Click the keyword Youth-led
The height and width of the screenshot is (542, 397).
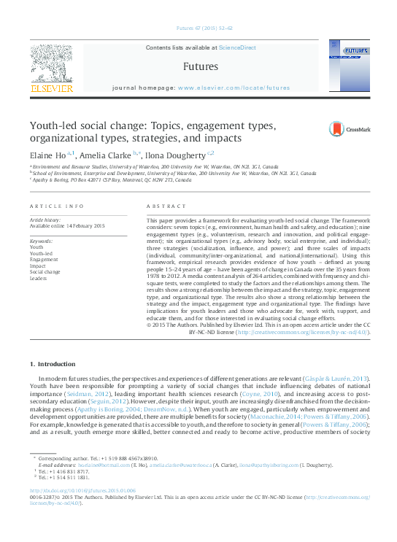pos(41,253)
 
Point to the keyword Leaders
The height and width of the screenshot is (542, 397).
pos(39,278)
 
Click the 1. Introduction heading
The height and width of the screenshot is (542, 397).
pos(52,363)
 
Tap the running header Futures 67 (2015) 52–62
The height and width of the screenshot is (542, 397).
pos(204,28)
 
